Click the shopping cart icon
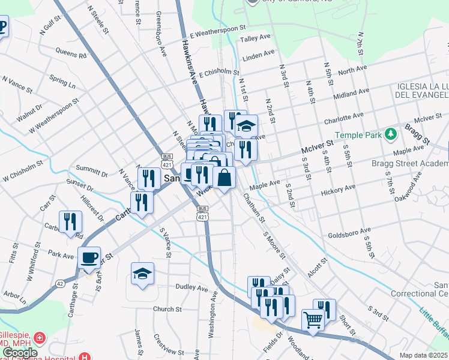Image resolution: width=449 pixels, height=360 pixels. coord(313,320)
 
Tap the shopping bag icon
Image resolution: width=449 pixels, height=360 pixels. coord(224,178)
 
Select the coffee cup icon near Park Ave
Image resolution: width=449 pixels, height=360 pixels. coord(89,258)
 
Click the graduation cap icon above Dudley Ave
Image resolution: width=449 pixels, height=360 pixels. coord(142,274)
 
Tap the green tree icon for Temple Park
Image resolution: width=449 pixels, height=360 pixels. coord(391,133)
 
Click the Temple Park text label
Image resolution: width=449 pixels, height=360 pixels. coord(358,136)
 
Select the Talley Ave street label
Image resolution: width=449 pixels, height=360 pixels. coord(256,38)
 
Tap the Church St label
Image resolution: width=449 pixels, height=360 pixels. coord(167,310)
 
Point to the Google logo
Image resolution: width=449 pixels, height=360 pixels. coord(20,353)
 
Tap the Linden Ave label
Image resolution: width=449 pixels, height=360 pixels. coord(258,58)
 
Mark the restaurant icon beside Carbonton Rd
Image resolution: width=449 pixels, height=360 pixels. coord(70,222)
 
